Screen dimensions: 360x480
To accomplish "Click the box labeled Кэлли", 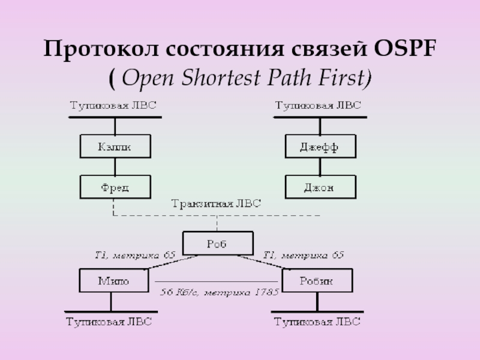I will tap(115, 146).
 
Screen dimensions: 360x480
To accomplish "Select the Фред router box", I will tap(115, 187).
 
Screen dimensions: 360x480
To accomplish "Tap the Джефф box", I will tap(319, 146).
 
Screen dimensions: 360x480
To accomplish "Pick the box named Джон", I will tap(319, 187).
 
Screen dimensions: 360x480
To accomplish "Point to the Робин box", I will tap(317, 280).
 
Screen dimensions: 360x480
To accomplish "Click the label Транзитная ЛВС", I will tap(216, 203).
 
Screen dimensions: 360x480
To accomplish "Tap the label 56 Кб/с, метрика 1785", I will tap(218, 293).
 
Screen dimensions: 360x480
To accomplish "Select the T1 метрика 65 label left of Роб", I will tap(134, 256).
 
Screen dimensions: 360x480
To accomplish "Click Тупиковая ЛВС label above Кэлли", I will tap(113, 106).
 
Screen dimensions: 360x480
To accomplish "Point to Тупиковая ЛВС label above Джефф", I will tap(318, 106).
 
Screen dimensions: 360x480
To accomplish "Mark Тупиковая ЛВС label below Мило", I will tap(109, 323).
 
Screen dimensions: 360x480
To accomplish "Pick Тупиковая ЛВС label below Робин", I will tap(317, 323).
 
